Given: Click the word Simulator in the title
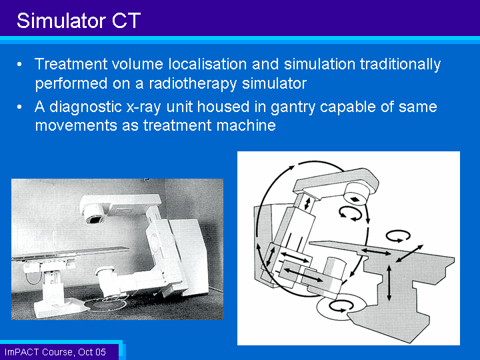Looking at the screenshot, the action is click(x=61, y=21).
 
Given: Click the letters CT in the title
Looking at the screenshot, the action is click(x=126, y=21).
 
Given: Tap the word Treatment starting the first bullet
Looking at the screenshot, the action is click(x=71, y=64).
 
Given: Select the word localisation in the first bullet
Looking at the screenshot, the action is click(x=207, y=64).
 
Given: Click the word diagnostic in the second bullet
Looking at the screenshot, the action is click(x=86, y=107).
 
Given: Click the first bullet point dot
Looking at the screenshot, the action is click(x=19, y=65).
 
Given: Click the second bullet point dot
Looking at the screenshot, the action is click(x=19, y=107).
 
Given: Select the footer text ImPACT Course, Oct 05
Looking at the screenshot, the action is click(x=55, y=352).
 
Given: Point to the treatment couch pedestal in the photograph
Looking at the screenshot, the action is click(x=52, y=291).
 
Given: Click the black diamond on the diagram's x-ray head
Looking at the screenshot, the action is click(x=355, y=199).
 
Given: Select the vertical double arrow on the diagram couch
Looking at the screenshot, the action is click(x=389, y=283).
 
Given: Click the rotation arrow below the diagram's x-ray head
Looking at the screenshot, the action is click(x=350, y=213).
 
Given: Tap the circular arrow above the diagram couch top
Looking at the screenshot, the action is click(x=397, y=236).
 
